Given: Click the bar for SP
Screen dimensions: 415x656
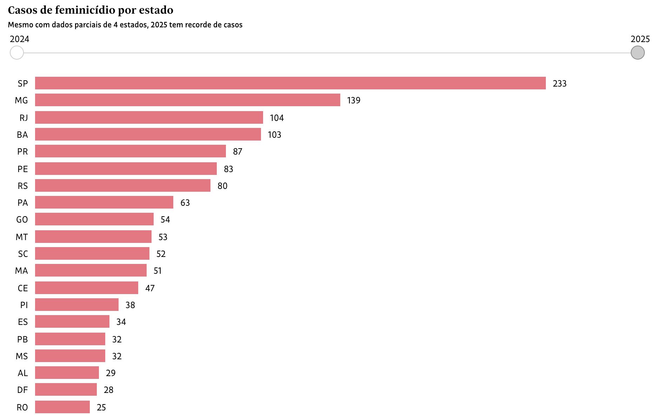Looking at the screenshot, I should click(x=290, y=83).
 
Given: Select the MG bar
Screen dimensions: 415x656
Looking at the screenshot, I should click(x=188, y=100).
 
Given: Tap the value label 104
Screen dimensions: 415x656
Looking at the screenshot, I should click(x=276, y=118).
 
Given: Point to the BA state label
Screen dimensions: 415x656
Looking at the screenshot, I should click(x=22, y=135).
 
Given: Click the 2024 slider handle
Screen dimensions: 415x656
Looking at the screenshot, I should click(x=16, y=53).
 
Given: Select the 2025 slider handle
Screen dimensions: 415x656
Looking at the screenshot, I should click(x=637, y=53).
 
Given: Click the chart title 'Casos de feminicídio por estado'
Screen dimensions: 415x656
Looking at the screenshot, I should click(x=91, y=10).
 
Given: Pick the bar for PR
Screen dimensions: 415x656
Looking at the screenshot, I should click(x=130, y=151).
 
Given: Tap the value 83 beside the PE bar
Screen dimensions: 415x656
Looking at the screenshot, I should click(x=228, y=169).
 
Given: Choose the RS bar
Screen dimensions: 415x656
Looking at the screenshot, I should click(x=123, y=185).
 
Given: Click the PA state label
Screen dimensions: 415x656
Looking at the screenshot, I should click(x=22, y=203).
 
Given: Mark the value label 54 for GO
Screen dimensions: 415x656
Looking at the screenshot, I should click(x=165, y=219).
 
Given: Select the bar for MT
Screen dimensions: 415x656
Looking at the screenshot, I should click(x=93, y=237).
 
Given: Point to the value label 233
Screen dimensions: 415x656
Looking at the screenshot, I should click(x=560, y=83).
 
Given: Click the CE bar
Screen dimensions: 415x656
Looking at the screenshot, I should click(x=87, y=288).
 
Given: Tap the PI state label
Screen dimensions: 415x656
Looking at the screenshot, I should click(x=24, y=305).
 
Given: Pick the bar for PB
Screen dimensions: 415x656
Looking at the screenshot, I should click(x=70, y=339).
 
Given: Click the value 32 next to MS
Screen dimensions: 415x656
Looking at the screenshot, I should click(x=117, y=356).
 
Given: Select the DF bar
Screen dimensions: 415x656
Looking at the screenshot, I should click(x=66, y=389).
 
